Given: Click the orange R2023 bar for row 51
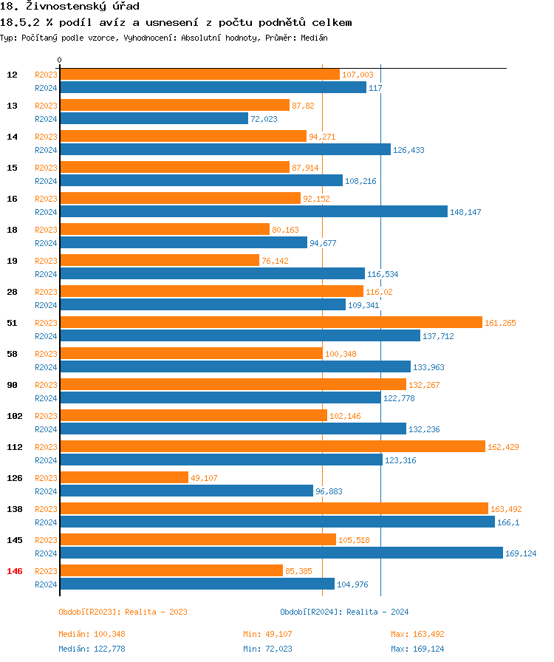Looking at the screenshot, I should point(270,322).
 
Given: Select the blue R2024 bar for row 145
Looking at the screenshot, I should point(281,553).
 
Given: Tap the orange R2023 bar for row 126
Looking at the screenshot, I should point(124,477).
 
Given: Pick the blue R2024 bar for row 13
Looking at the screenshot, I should point(154,118).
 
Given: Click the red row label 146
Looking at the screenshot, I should point(14,571).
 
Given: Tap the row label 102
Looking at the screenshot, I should point(14,416).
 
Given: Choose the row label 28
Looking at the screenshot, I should point(12,292).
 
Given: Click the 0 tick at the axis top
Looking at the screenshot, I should point(59,60).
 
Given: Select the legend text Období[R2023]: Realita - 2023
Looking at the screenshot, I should point(123,612).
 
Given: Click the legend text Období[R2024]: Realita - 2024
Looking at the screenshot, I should point(344,612).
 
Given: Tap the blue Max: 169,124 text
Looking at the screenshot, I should point(417,649).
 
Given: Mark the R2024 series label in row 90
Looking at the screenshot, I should point(46,398).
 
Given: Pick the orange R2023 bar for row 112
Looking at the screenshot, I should point(272,446).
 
